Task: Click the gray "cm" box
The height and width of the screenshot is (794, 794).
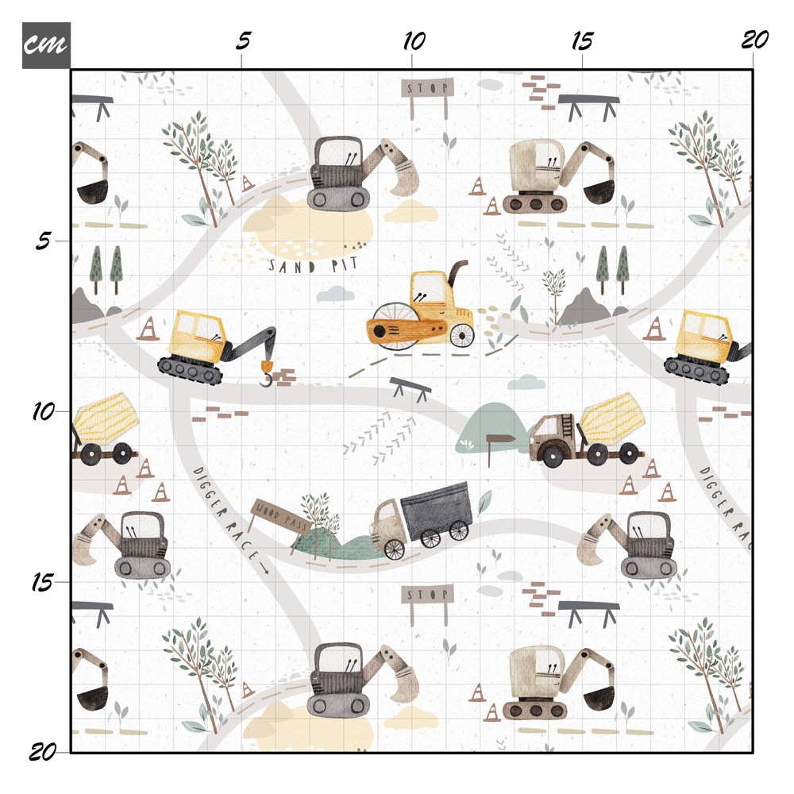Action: coord(46,45)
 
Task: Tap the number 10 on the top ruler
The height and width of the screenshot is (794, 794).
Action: coord(414,41)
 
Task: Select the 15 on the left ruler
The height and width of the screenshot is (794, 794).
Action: coord(42,582)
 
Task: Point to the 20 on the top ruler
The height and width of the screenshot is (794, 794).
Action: coord(754,40)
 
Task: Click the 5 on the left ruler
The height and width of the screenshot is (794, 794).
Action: coord(43,241)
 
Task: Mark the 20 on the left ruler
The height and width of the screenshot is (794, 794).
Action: coord(43,752)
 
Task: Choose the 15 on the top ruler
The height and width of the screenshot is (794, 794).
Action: coord(582,41)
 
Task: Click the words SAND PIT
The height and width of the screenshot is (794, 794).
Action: coord(313,265)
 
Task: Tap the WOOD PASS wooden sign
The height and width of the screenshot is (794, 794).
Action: coord(282,515)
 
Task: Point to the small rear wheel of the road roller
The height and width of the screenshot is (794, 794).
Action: coord(461,335)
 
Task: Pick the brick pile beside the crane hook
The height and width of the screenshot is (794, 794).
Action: coord(284,378)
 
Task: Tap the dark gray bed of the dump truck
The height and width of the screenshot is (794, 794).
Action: coord(436,511)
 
